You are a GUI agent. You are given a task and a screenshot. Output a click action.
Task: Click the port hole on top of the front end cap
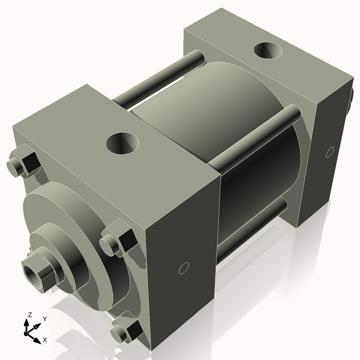click(122, 143)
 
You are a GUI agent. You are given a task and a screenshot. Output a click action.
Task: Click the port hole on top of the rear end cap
click(268, 51)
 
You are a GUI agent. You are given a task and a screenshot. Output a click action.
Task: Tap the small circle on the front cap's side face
click(184, 268)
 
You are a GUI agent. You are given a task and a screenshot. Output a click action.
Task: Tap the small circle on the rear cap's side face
click(329, 152)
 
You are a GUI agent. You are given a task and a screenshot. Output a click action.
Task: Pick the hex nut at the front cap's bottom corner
click(125, 331)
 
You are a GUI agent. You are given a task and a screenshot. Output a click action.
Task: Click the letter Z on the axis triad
click(29, 315)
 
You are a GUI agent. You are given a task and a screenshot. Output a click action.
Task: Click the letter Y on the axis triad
click(44, 319)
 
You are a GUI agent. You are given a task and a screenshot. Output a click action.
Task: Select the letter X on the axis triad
click(44, 340)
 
